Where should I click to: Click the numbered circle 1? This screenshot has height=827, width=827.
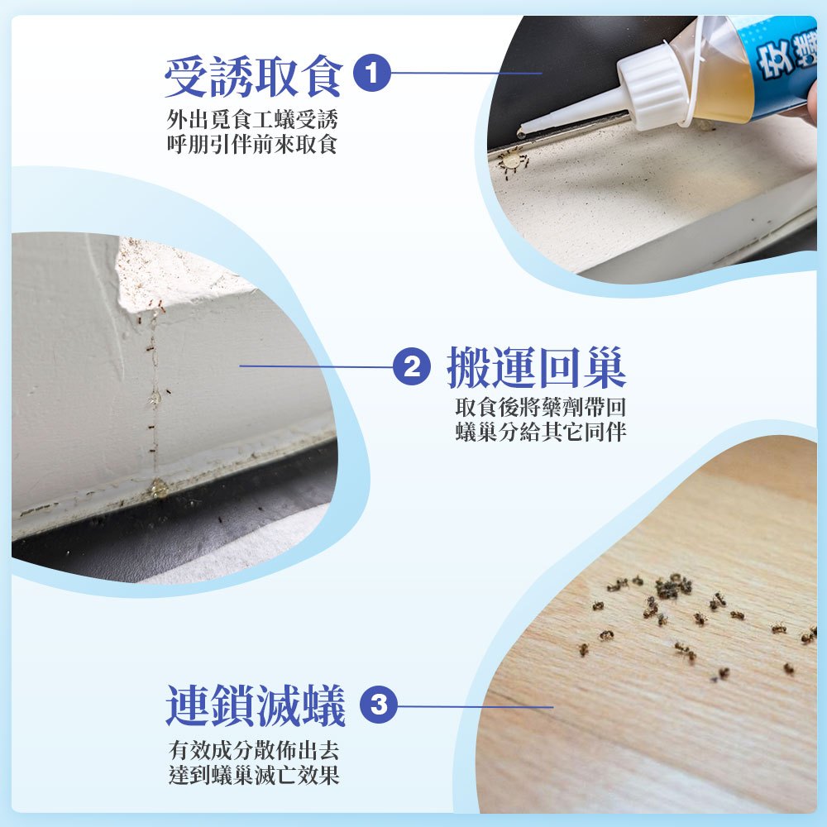[372, 73]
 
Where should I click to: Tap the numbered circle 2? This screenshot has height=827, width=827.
[412, 366]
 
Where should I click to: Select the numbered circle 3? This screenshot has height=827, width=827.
[379, 705]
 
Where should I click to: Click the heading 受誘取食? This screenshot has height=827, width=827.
[254, 76]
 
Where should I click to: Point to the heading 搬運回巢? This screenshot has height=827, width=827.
[537, 368]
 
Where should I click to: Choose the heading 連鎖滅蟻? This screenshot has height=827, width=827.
[256, 705]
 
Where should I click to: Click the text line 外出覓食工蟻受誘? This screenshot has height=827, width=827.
[252, 120]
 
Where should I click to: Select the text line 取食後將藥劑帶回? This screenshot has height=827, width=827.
[541, 407]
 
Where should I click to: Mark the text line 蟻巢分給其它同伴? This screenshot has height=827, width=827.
[541, 432]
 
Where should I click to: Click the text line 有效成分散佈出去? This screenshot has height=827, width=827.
[254, 749]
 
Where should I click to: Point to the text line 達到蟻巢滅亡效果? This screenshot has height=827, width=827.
[254, 775]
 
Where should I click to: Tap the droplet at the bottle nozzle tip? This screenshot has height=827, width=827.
[520, 134]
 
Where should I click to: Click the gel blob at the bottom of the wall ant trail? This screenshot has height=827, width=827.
[158, 488]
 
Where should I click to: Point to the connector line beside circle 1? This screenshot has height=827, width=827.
[466, 73]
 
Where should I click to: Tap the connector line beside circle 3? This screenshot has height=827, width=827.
[476, 707]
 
